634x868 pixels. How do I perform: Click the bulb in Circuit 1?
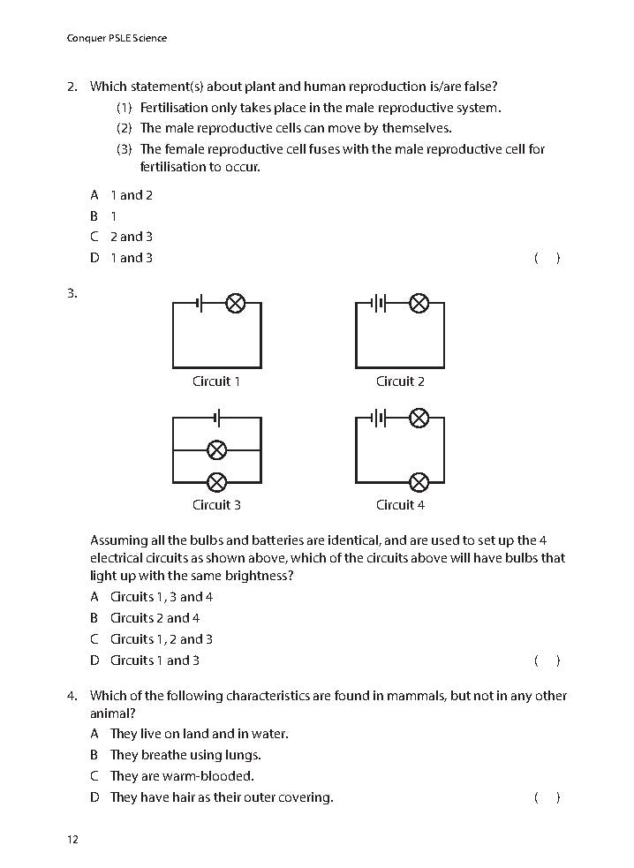235,304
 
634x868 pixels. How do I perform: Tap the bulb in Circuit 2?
419,304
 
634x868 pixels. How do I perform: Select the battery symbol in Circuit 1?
201,304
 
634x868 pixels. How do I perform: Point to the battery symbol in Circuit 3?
217,417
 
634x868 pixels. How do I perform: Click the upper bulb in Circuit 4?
419,417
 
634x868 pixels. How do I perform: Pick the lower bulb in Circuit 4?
419,481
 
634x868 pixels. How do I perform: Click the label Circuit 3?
216,505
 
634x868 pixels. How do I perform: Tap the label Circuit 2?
400,381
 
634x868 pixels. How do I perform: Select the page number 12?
72,839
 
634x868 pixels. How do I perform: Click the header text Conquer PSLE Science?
117,38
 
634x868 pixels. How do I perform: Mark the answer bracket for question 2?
547,259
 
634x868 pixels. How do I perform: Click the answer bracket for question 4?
547,798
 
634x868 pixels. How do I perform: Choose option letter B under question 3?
94,618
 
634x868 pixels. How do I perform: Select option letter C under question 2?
94,237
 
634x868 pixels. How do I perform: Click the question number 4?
72,696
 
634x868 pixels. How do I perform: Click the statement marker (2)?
124,128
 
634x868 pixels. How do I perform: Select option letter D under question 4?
94,797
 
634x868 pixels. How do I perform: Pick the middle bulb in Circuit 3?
216,449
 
